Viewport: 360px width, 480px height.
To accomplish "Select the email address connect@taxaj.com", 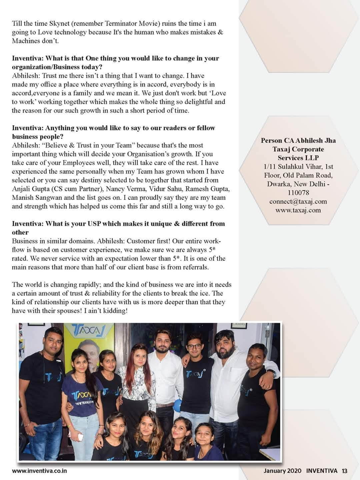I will point(298,201).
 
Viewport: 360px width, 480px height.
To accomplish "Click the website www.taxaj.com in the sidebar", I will point(298,210).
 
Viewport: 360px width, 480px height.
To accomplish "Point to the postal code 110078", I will point(298,193).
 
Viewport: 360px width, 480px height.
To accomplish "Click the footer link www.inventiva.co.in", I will point(40,471).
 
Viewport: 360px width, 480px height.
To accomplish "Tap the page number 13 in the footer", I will point(344,471).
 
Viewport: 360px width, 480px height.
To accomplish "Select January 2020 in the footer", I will point(282,471).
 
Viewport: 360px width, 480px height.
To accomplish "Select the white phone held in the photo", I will point(80,437).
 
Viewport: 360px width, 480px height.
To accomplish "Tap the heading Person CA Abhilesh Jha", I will point(298,141).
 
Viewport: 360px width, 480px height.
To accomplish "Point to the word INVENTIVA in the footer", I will point(322,471).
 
